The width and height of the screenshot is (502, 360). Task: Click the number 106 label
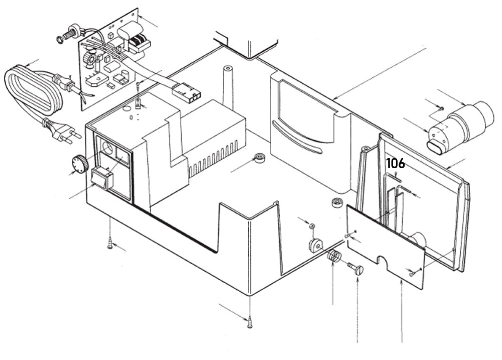[396, 163]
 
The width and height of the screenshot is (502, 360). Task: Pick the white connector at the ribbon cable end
[186, 93]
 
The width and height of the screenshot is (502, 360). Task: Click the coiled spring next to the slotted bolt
[334, 257]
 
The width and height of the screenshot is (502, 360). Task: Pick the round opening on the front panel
[106, 147]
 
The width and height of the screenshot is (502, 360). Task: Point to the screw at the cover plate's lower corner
[413, 274]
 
